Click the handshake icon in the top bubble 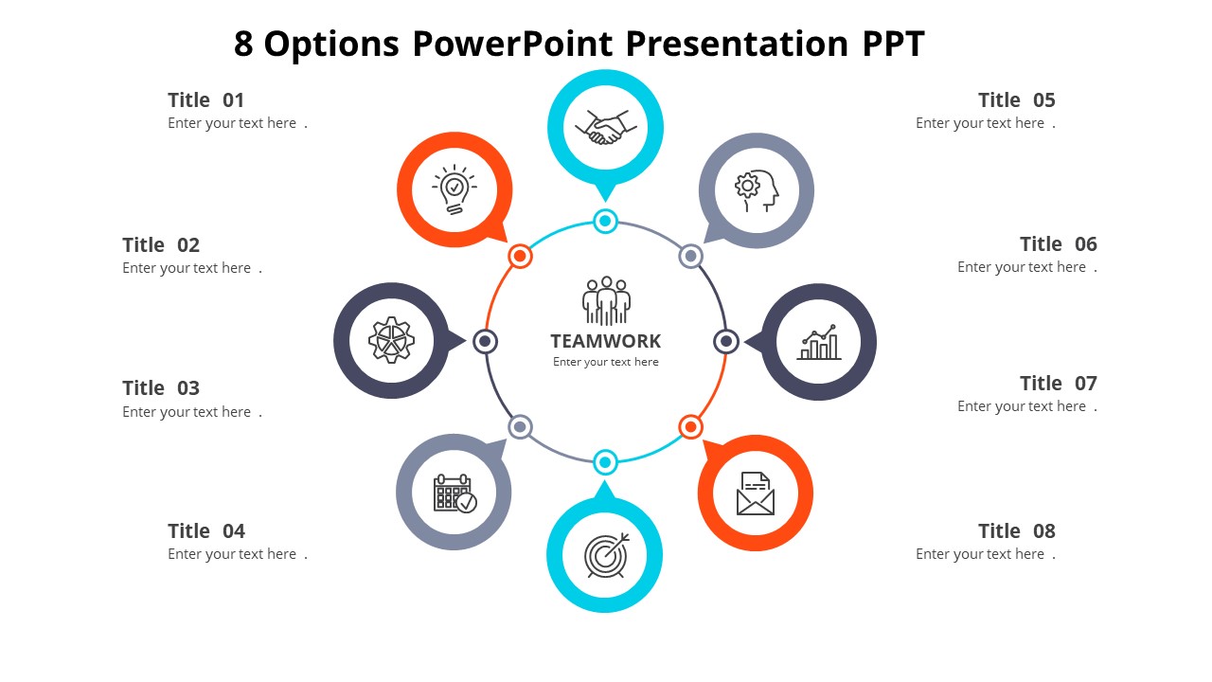pos(605,127)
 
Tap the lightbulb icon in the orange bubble pos(454,189)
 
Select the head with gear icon pos(757,189)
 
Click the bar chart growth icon pos(819,342)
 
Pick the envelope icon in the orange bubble pos(756,494)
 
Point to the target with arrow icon pos(605,555)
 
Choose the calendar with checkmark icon pos(454,494)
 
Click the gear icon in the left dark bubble pos(391,341)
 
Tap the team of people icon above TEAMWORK pos(606,301)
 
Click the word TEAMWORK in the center pos(606,341)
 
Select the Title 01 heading pos(206,100)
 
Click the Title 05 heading pos(1016,100)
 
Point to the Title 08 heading pos(1016,531)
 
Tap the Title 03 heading pos(161,388)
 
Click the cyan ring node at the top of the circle pos(605,222)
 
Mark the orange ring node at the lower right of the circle pos(691,427)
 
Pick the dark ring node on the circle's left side pos(485,341)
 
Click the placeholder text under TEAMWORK pos(606,362)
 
